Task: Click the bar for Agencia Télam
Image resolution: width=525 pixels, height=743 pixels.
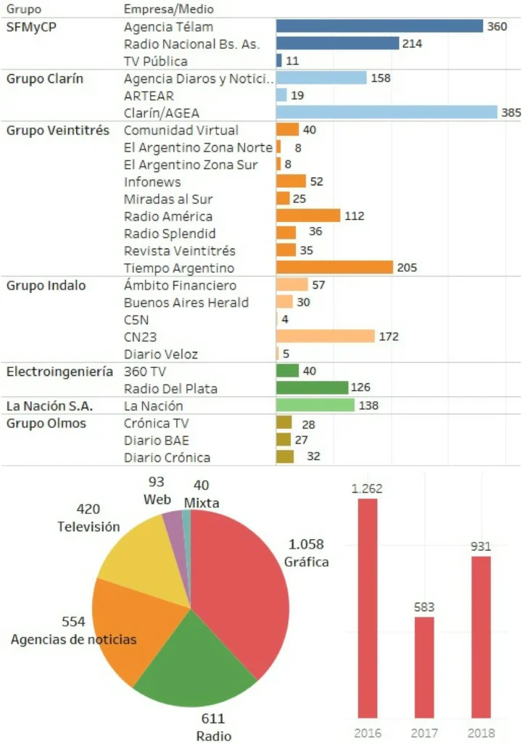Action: [379, 26]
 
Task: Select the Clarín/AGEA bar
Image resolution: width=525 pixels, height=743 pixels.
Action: [386, 112]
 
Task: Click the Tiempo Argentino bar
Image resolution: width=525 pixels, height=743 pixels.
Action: [334, 267]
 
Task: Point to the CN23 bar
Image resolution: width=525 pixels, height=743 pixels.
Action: [326, 336]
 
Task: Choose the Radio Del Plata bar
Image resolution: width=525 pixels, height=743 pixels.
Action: [313, 388]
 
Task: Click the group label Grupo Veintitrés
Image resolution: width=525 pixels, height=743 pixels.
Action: [58, 130]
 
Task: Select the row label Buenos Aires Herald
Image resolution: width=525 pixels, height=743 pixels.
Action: [186, 302]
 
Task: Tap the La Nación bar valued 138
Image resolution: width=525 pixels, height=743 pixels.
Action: [315, 406]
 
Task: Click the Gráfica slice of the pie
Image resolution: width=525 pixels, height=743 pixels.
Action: [236, 588]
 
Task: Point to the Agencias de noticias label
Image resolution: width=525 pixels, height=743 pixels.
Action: [73, 639]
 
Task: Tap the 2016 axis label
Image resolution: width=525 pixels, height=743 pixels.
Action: [368, 733]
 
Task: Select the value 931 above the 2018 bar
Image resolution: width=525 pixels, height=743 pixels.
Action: [481, 546]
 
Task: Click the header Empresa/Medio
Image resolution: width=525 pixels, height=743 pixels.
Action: [168, 9]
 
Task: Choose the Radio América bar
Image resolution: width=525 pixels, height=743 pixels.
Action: [308, 215]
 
